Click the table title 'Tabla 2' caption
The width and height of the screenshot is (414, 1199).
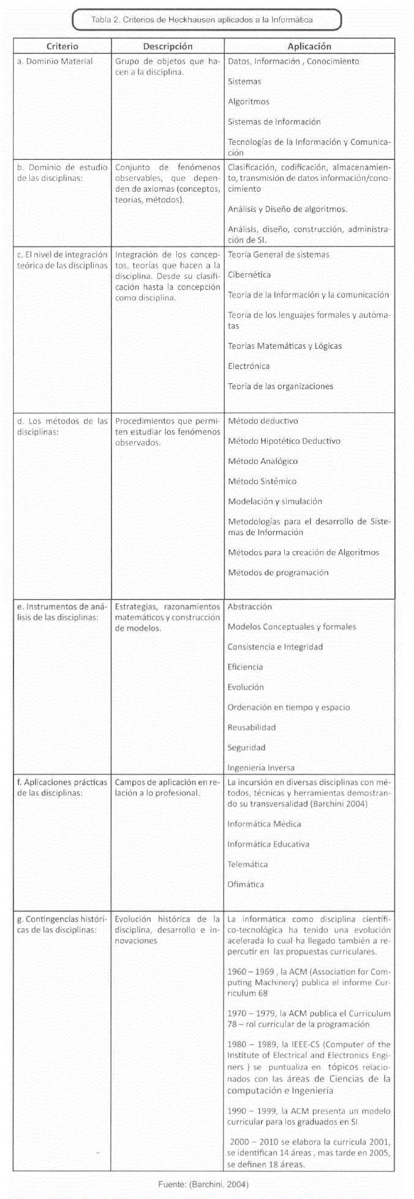coord(202,20)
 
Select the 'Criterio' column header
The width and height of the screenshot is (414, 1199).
coord(62,46)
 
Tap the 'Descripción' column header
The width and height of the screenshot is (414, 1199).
coord(168,46)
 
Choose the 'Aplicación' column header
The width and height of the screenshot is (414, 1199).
coord(309,46)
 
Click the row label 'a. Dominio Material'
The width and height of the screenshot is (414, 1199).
coord(55,61)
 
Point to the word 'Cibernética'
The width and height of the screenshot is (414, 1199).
coord(249,275)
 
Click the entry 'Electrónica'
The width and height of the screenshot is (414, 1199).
coord(249,366)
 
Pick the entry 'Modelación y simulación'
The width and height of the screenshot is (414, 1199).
coord(275,501)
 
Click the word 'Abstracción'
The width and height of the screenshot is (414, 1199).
coord(249,606)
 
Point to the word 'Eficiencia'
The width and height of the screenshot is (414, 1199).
coord(245,667)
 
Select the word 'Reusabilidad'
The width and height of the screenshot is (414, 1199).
coord(252,728)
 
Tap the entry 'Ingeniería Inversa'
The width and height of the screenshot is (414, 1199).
coord(261,767)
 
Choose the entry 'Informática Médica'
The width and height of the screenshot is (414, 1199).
coord(264,824)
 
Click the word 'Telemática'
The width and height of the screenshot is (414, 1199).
coord(247,864)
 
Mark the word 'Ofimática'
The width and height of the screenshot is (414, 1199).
coord(246,885)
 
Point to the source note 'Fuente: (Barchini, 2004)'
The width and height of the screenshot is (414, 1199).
coord(203,1185)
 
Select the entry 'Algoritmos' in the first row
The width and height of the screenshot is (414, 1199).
coord(249,102)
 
